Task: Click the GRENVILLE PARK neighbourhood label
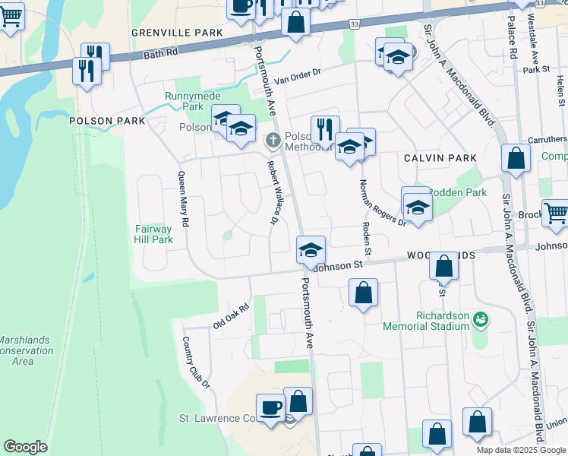click(x=177, y=33)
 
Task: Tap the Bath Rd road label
click(x=159, y=55)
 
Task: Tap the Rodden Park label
click(x=458, y=192)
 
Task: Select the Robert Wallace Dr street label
click(x=270, y=192)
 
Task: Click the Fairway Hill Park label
click(x=154, y=233)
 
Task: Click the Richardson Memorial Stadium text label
click(x=431, y=320)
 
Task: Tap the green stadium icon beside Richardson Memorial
click(x=479, y=320)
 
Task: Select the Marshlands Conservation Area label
click(x=25, y=350)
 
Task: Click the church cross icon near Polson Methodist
click(x=273, y=141)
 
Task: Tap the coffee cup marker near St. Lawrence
click(x=270, y=407)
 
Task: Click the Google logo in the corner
click(x=25, y=447)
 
